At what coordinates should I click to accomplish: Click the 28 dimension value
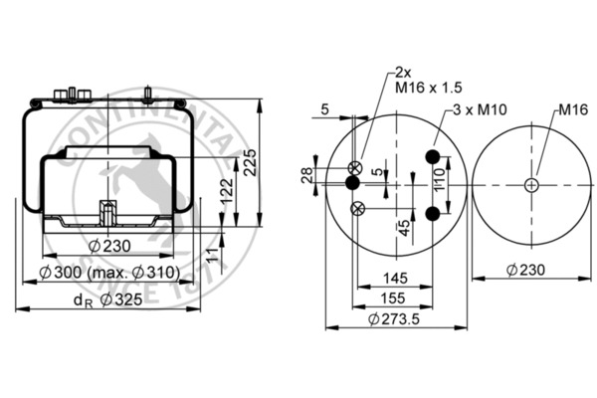pos(308,177)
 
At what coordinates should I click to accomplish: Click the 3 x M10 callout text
pos(481,109)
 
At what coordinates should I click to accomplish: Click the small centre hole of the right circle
pos(532,184)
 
